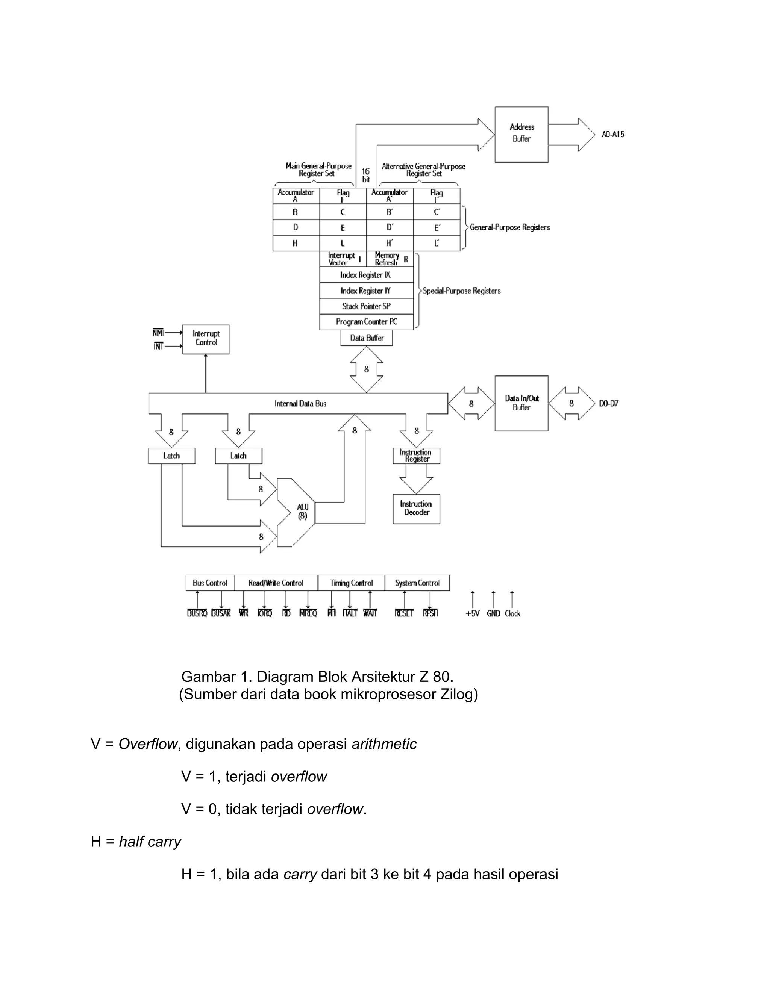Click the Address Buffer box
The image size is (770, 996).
pos(521,134)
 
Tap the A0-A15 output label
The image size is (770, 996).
pos(612,134)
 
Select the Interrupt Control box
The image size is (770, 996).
pos(206,339)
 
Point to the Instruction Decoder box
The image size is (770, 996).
pos(416,509)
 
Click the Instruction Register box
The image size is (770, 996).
pos(416,456)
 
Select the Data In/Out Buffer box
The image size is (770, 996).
pos(521,403)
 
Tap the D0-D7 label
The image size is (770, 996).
pos(609,404)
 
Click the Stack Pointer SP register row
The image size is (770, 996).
pos(366,306)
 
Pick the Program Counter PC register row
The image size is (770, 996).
pos(366,321)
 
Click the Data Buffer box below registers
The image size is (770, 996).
pos(366,338)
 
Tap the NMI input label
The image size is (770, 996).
pos(158,333)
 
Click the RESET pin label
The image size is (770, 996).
pos(404,614)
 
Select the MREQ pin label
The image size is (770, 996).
pos(308,614)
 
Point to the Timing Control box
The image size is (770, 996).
pos(351,583)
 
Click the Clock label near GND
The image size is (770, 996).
pos(512,614)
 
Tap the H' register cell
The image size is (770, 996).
pos(390,243)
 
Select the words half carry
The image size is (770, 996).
pos(150,842)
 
